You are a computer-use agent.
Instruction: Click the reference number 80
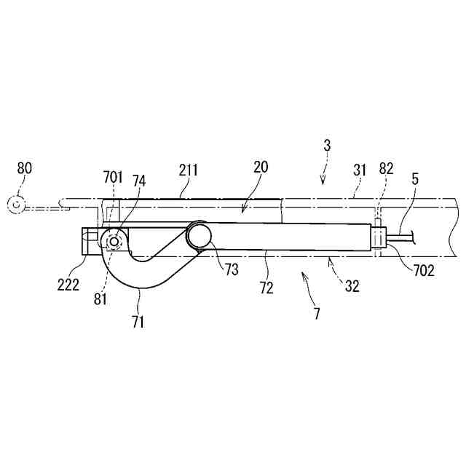tap(25, 168)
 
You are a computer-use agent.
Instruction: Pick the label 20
tap(261, 167)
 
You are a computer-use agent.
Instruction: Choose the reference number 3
tap(328, 146)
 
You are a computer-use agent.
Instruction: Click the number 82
tap(387, 170)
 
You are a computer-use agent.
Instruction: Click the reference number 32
tap(352, 286)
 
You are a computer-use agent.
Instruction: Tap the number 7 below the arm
tap(316, 314)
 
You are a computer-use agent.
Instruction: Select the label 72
tap(266, 287)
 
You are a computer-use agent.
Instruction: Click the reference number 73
tap(231, 269)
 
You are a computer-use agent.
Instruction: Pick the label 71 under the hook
tap(138, 321)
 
